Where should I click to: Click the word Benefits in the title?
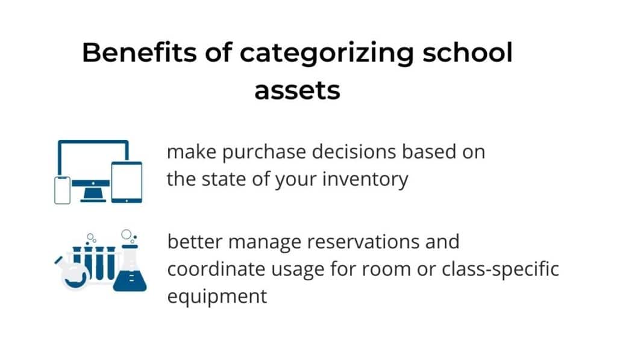(139, 52)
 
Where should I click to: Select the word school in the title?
(468, 52)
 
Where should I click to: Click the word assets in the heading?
(297, 90)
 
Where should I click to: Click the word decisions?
(354, 151)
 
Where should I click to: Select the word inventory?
(365, 180)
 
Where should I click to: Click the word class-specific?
(500, 270)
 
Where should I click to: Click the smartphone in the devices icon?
(62, 190)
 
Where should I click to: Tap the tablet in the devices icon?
(127, 182)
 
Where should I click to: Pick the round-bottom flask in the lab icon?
(74, 276)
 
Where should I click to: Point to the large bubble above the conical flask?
(127, 235)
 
